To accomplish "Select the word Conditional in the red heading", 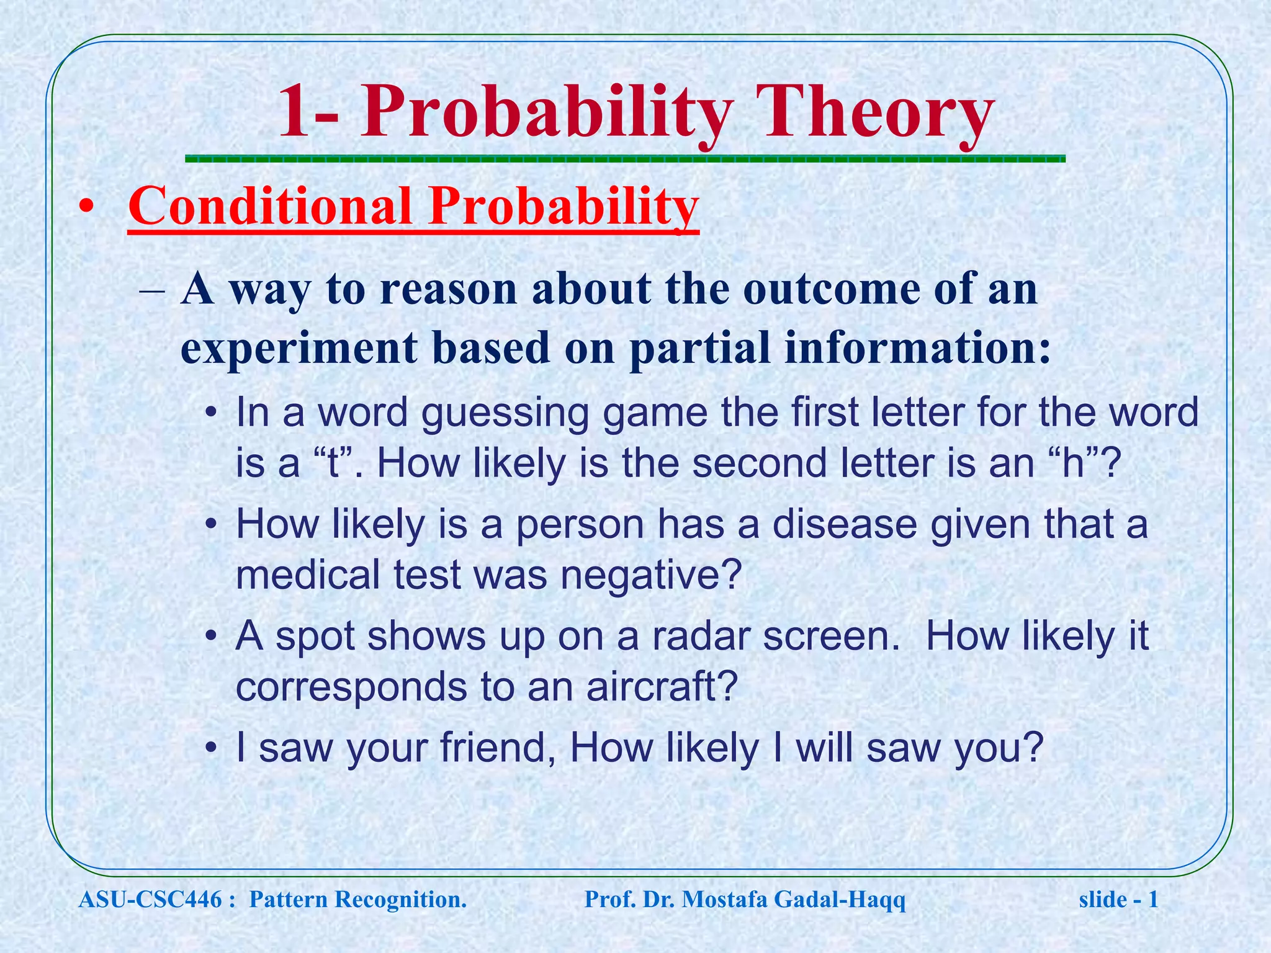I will click(x=271, y=207).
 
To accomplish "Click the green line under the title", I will click(x=625, y=159).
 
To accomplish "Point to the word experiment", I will click(x=299, y=347).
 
